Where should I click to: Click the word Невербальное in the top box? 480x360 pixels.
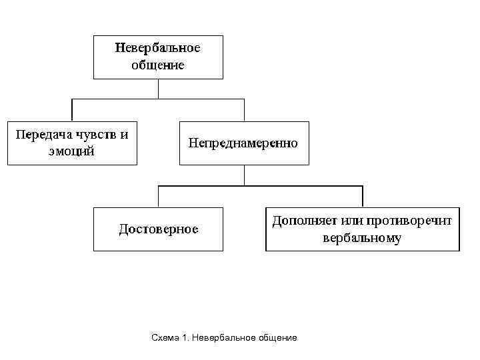tap(158, 48)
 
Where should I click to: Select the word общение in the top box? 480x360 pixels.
tap(158, 65)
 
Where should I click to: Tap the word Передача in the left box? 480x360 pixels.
tap(42, 134)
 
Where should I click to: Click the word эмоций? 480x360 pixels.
tap(71, 151)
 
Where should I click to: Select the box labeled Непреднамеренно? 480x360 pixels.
tap(244, 143)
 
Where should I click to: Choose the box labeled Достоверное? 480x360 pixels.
tap(158, 229)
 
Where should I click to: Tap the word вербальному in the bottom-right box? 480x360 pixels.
tap(362, 237)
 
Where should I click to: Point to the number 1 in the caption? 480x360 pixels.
tap(183, 338)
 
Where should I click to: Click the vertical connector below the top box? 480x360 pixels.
tap(158, 89)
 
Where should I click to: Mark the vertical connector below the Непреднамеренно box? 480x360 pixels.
tap(244, 175)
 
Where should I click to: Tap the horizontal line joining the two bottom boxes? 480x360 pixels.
tap(260, 186)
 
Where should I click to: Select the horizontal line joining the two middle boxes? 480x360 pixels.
tap(158, 99)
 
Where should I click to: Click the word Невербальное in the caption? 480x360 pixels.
tap(222, 338)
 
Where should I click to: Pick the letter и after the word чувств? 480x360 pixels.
tap(124, 134)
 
